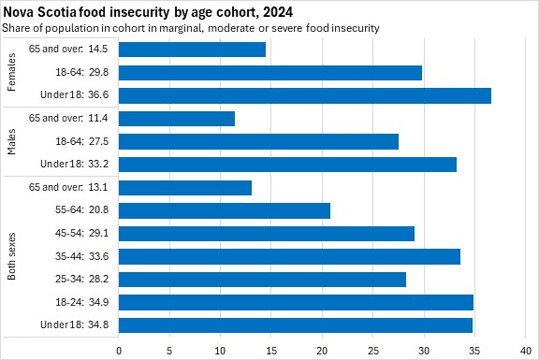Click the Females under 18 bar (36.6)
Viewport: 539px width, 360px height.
click(x=305, y=95)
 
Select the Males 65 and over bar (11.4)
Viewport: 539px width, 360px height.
click(x=177, y=119)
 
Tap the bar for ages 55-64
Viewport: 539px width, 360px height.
click(x=225, y=210)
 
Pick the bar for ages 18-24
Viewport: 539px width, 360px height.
click(x=296, y=302)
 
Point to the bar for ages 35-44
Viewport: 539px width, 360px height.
click(x=289, y=256)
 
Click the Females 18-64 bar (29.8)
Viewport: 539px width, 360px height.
click(x=270, y=73)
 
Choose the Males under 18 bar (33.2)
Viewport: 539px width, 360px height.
click(x=287, y=165)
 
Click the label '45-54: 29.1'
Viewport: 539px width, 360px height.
click(x=81, y=233)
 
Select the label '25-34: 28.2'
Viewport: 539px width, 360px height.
click(x=81, y=279)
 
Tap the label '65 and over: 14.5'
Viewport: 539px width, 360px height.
click(x=68, y=50)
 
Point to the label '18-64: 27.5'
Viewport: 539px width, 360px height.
click(x=81, y=141)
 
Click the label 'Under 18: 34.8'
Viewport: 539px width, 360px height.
click(x=74, y=324)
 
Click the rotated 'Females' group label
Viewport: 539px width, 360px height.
click(x=11, y=72)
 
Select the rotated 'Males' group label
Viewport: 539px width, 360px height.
click(x=11, y=141)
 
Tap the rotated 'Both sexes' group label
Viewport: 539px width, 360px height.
click(x=11, y=256)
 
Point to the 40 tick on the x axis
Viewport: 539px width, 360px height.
click(x=526, y=351)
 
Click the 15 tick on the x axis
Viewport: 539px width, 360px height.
click(x=271, y=351)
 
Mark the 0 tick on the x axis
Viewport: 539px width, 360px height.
click(x=119, y=351)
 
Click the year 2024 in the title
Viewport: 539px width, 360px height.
click(x=277, y=12)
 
